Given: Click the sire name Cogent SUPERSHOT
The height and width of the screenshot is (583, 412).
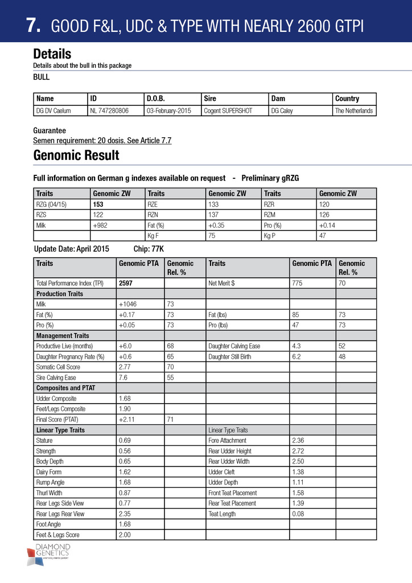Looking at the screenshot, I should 228,110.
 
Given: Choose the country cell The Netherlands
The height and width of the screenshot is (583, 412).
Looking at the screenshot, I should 354,110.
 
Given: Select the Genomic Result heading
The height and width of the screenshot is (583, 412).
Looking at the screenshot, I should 76,155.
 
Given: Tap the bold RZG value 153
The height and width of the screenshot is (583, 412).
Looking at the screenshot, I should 98,204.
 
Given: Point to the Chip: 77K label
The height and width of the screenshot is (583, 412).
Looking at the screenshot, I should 149,249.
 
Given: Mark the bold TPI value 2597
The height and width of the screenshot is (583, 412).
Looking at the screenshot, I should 126,283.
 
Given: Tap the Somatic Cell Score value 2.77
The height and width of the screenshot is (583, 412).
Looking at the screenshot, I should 126,368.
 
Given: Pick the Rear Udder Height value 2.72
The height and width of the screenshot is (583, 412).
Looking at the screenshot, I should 299,451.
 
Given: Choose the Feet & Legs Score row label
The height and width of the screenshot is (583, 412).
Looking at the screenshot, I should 58,535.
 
